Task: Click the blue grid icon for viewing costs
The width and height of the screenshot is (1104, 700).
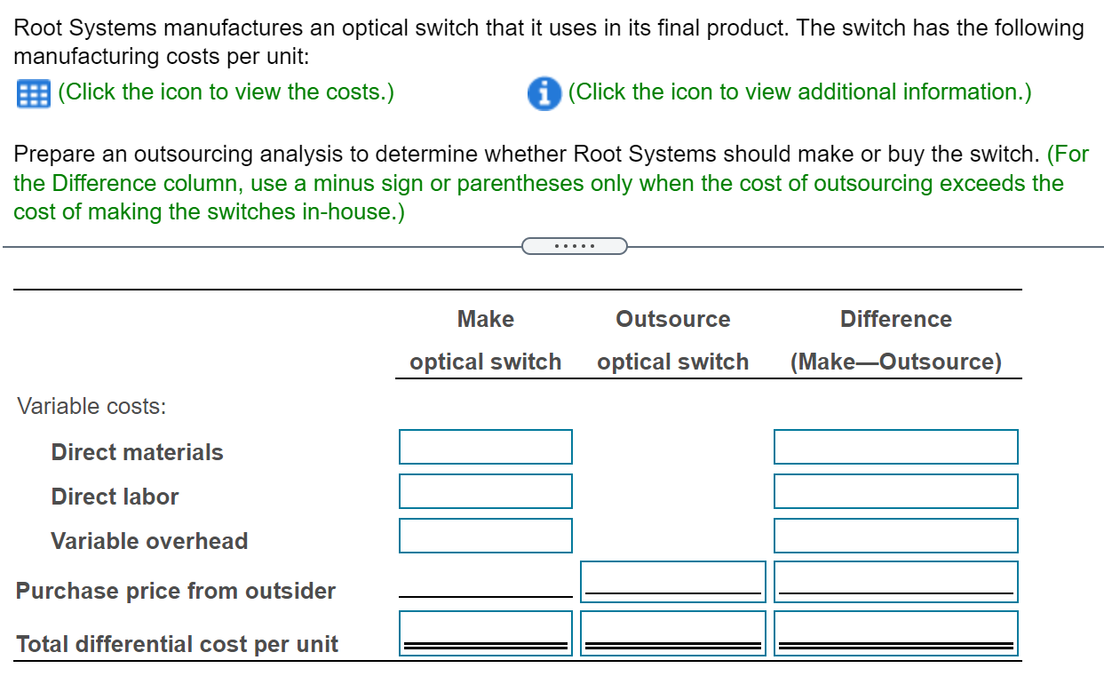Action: coord(34,92)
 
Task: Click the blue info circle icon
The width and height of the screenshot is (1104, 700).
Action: coord(544,92)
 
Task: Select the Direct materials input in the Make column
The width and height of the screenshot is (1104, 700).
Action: coord(485,447)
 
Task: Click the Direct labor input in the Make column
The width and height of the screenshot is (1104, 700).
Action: coord(485,491)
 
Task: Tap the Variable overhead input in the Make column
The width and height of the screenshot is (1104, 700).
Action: coord(485,536)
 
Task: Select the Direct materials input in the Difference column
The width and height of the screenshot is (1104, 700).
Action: coord(895,447)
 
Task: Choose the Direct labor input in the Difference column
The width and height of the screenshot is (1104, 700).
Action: coord(895,491)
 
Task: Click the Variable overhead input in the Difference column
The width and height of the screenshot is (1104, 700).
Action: coord(895,536)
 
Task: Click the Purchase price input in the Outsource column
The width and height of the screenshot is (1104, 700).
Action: coord(672,581)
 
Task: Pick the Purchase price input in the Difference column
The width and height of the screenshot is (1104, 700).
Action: coord(895,581)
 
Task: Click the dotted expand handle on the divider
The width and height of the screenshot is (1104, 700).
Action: coord(574,245)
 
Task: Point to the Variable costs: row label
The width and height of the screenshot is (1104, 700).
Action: coord(92,407)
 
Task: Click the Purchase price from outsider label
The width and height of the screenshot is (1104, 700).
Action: coord(176,591)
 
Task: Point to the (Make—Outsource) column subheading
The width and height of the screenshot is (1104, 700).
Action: coord(895,362)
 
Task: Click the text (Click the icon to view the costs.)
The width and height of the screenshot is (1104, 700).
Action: coord(226,92)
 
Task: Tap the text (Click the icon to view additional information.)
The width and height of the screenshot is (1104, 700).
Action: coord(799,92)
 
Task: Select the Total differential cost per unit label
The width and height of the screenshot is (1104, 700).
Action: coord(177,644)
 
